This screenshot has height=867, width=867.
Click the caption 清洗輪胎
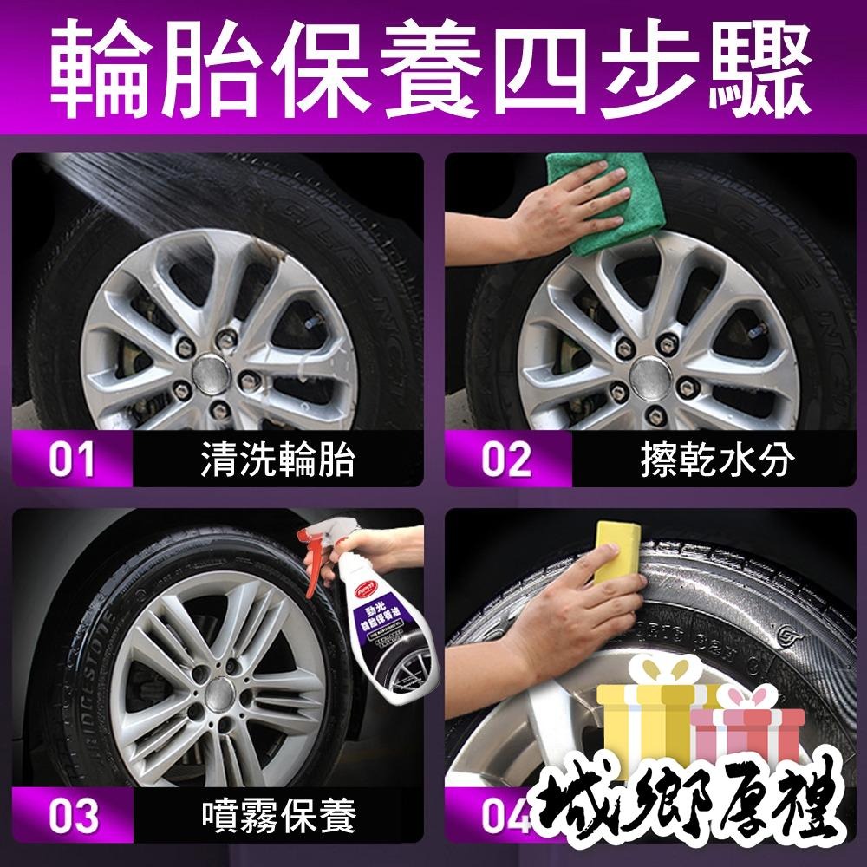point(277,460)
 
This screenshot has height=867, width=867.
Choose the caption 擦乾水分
point(711,460)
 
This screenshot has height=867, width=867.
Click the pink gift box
point(746,728)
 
